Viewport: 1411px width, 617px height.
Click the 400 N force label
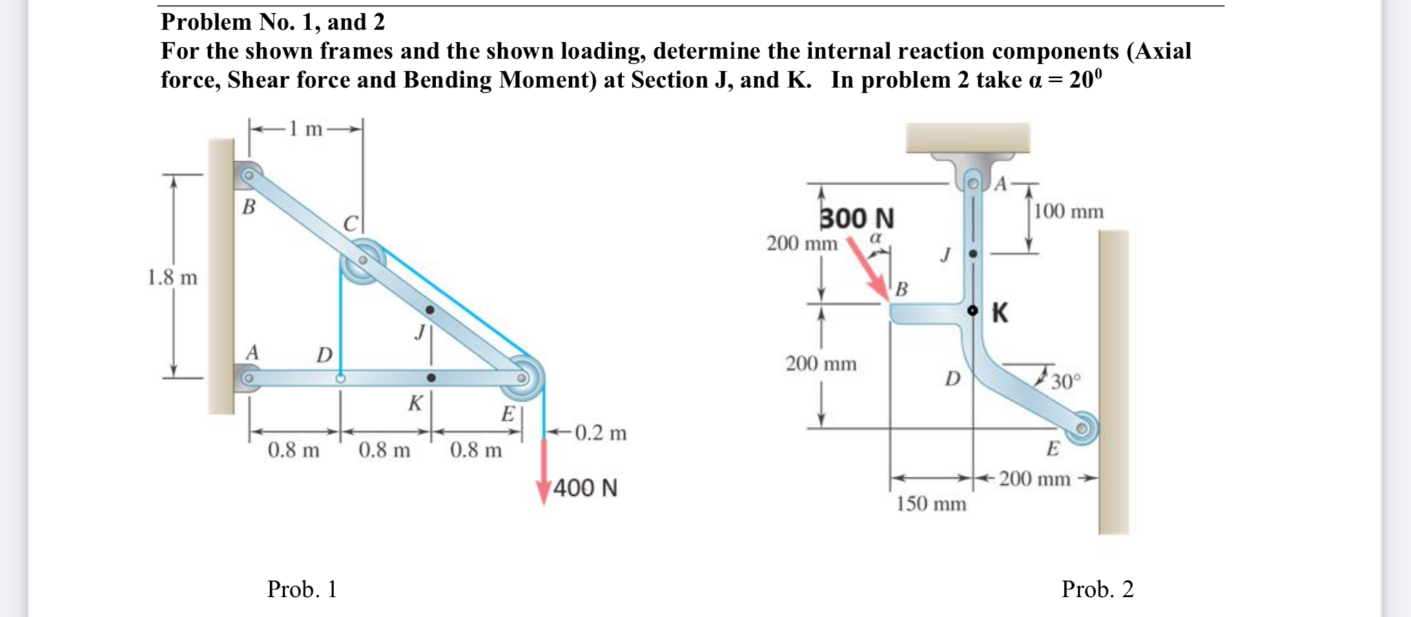(585, 488)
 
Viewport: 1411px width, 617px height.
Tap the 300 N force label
(856, 218)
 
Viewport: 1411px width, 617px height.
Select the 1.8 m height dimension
(172, 278)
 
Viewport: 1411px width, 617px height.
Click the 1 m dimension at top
(305, 129)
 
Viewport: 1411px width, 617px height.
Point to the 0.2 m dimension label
(600, 433)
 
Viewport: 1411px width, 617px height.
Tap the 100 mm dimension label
(1069, 211)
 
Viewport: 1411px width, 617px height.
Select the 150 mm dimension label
(931, 504)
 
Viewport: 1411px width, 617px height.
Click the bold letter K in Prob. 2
(1000, 313)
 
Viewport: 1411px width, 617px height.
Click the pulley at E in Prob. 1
(522, 378)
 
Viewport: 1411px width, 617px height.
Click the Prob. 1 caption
(302, 589)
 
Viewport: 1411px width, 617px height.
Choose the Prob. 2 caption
(1097, 589)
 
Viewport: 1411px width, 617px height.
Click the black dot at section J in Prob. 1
(430, 311)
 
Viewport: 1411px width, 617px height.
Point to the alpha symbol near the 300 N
(876, 238)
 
